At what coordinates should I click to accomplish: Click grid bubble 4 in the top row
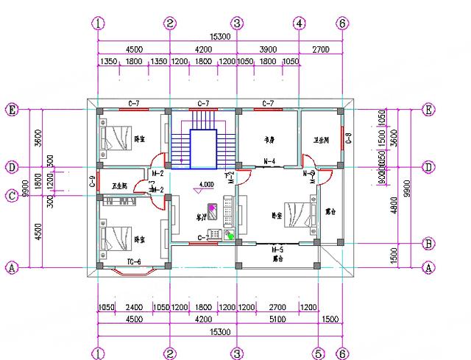(x=299, y=23)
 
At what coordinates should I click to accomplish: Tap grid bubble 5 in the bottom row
(x=319, y=352)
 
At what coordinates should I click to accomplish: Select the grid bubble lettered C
(x=12, y=195)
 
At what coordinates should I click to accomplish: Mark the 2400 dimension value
(x=132, y=307)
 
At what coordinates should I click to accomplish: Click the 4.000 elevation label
(x=206, y=185)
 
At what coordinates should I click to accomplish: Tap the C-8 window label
(x=350, y=136)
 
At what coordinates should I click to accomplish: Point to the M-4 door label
(x=269, y=161)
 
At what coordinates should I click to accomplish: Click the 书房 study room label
(x=269, y=138)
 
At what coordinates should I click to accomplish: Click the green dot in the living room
(x=230, y=236)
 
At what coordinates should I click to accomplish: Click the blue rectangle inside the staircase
(x=202, y=146)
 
